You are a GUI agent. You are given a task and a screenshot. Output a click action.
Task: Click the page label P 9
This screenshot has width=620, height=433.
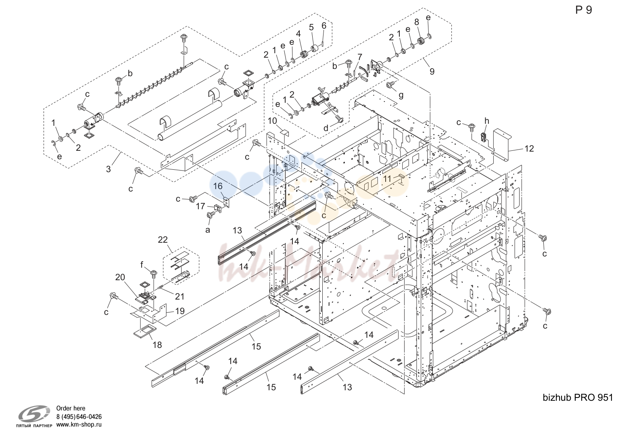(x=584, y=10)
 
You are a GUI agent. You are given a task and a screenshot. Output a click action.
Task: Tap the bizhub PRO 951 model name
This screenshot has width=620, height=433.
(x=578, y=398)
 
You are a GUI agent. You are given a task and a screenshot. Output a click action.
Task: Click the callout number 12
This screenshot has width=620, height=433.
(x=529, y=149)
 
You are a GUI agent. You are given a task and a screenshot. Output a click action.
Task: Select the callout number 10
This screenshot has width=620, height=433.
(x=272, y=121)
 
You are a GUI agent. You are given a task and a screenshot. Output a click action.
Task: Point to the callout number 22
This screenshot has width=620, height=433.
(x=163, y=239)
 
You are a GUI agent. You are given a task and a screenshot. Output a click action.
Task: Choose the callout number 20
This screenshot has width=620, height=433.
(x=120, y=277)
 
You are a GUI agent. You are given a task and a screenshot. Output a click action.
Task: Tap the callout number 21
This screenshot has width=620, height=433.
(x=180, y=297)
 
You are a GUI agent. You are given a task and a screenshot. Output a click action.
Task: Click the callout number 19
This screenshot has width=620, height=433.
(x=180, y=311)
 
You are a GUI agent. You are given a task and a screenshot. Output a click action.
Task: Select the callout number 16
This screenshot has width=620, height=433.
(x=218, y=186)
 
